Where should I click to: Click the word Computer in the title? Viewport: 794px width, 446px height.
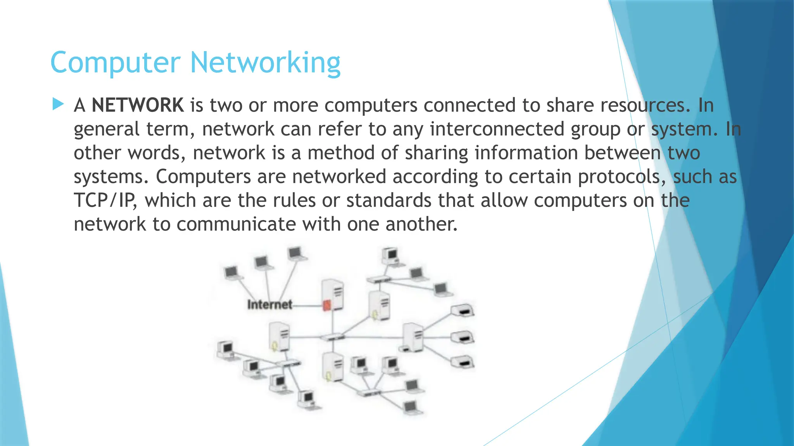[x=115, y=63]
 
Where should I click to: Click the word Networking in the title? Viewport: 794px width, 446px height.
[x=265, y=63]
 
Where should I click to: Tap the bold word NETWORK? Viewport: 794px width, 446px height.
[x=138, y=105]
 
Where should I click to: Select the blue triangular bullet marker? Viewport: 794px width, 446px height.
[x=58, y=104]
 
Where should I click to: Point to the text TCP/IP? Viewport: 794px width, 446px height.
[x=105, y=201]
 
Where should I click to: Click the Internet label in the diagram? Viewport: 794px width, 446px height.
[x=269, y=305]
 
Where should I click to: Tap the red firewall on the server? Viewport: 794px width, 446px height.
[x=326, y=305]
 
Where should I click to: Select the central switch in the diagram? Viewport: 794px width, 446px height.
[x=331, y=337]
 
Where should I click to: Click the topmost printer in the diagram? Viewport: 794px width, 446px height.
[x=463, y=310]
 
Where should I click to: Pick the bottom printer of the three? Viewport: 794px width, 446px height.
[x=463, y=362]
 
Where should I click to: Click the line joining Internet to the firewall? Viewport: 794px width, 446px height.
[x=307, y=305]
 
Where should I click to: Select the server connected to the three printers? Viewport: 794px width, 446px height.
[x=413, y=337]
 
